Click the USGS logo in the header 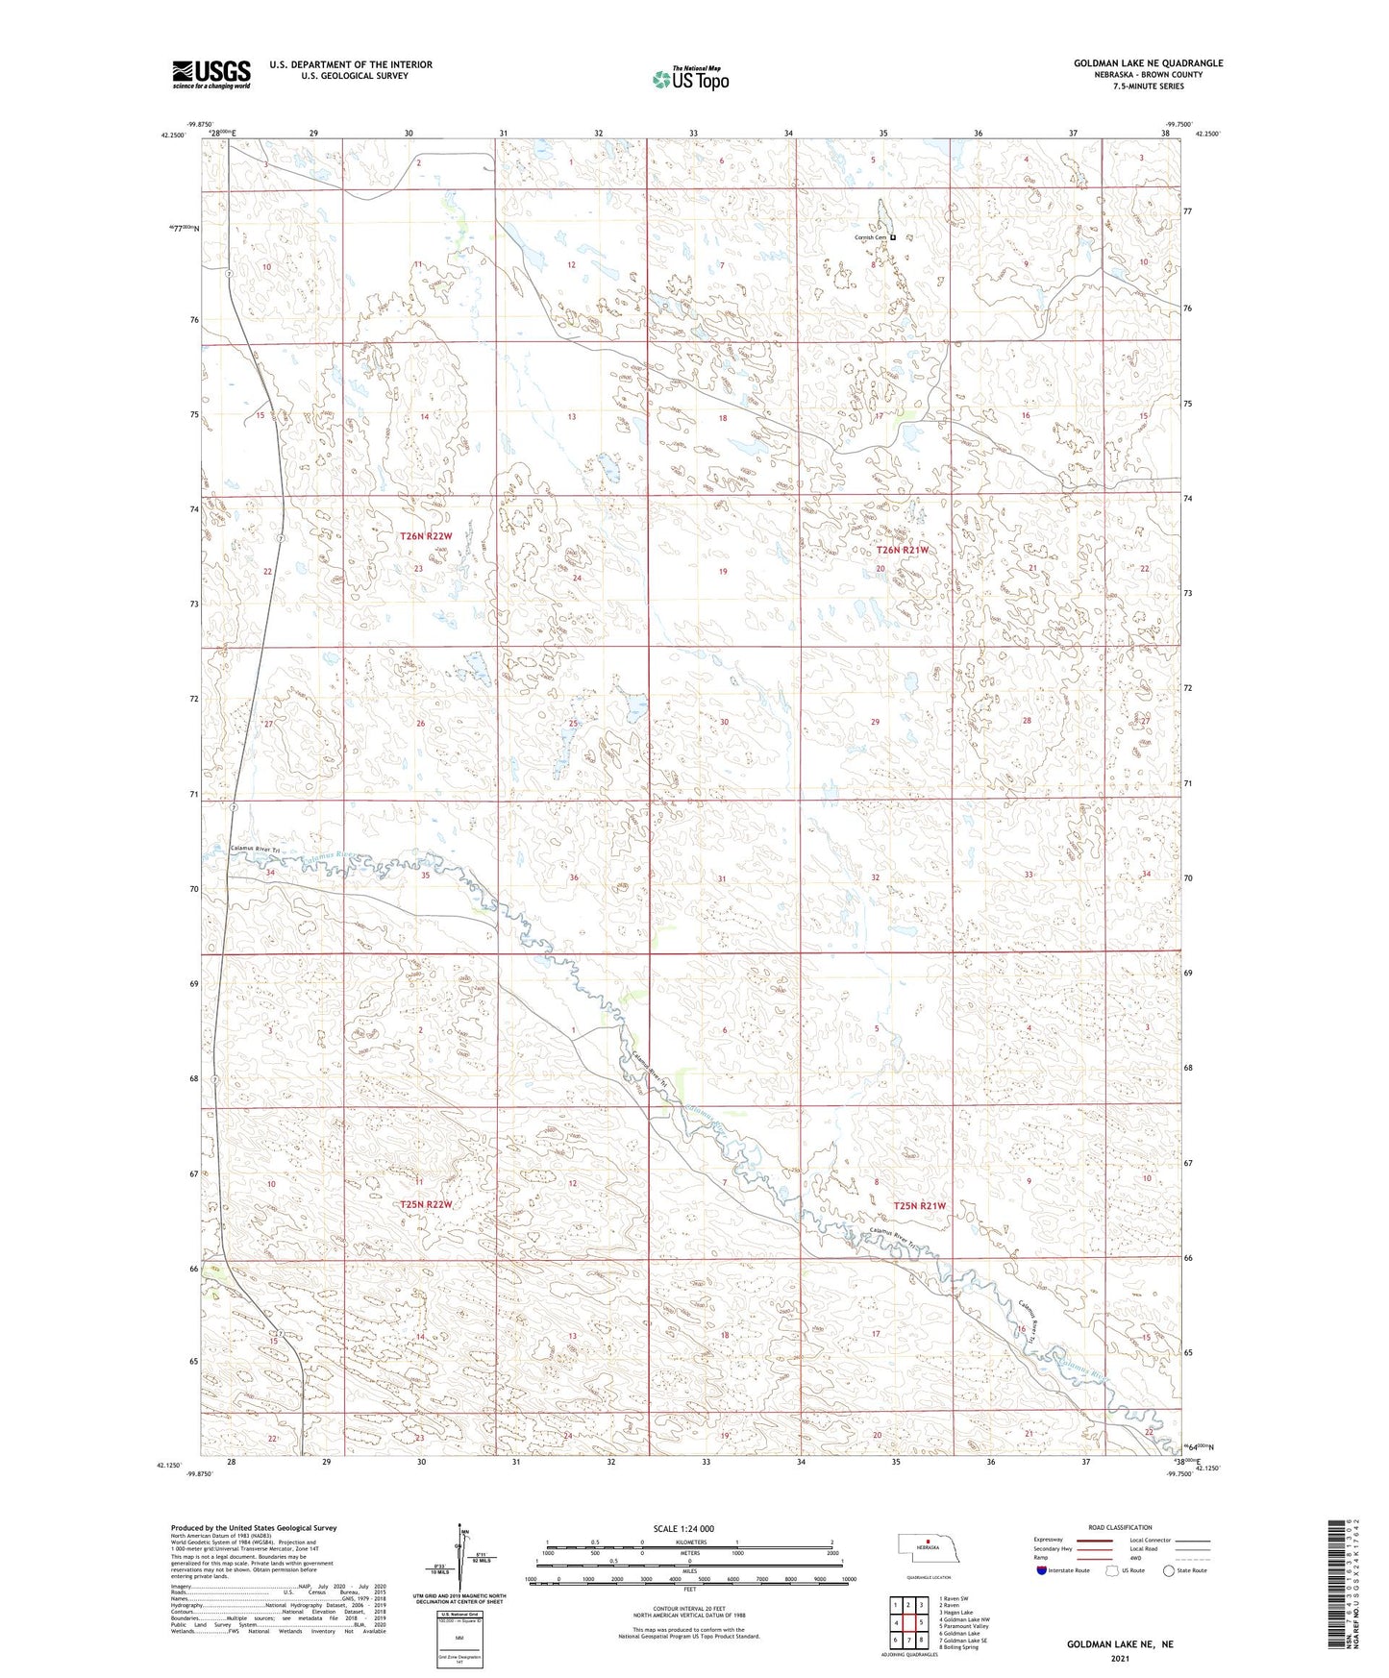[211, 74]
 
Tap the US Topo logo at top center [690, 79]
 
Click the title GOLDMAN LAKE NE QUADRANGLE [1148, 63]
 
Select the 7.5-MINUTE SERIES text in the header [1149, 86]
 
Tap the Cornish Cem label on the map [869, 237]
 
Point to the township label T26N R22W [425, 536]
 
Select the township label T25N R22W [425, 1204]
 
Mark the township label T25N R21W [920, 1205]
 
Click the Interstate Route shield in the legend [1043, 1570]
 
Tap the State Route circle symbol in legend [1169, 1570]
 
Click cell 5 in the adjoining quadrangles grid [919, 1623]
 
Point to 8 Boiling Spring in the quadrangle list [959, 1647]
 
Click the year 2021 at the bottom [1119, 1658]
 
